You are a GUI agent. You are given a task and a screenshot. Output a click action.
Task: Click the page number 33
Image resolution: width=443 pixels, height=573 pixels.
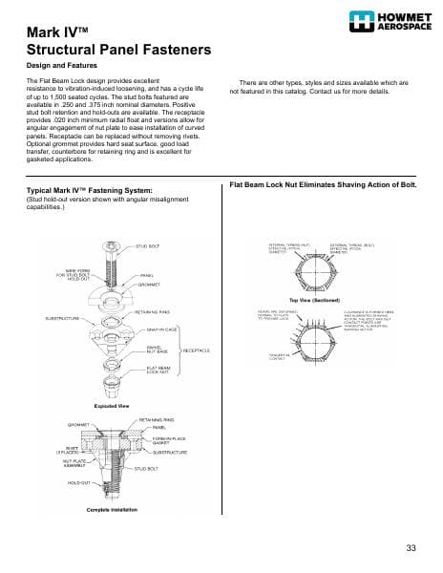point(411,547)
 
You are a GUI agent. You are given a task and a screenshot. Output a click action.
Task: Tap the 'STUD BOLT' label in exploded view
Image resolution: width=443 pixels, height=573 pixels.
point(147,246)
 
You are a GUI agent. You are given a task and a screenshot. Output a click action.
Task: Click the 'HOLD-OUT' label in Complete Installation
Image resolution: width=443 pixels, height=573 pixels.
point(80,484)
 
